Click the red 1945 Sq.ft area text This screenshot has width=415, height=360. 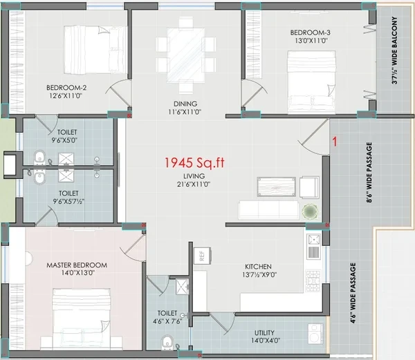[194, 162]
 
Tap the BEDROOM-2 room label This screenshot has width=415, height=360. [66, 88]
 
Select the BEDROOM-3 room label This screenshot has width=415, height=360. [310, 32]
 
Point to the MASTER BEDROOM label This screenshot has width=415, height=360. [77, 265]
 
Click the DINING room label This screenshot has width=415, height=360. [185, 104]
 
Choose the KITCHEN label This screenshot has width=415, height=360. [258, 267]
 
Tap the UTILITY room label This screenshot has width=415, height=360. [264, 332]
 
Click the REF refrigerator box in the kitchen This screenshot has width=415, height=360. [203, 256]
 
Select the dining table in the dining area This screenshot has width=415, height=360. [185, 55]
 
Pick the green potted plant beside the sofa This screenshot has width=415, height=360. [310, 211]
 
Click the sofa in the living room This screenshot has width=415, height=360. [268, 209]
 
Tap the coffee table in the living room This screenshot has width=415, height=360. [276, 187]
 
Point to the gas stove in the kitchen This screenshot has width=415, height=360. [313, 281]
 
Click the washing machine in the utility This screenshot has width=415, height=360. [315, 334]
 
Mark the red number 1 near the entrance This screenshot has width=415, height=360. [335, 142]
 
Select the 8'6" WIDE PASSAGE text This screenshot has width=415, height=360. [369, 172]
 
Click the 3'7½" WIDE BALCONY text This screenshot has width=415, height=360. [394, 50]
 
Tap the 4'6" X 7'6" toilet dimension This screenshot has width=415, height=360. [167, 321]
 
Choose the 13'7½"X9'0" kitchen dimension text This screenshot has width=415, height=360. [259, 274]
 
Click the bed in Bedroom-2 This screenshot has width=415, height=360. [95, 50]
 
